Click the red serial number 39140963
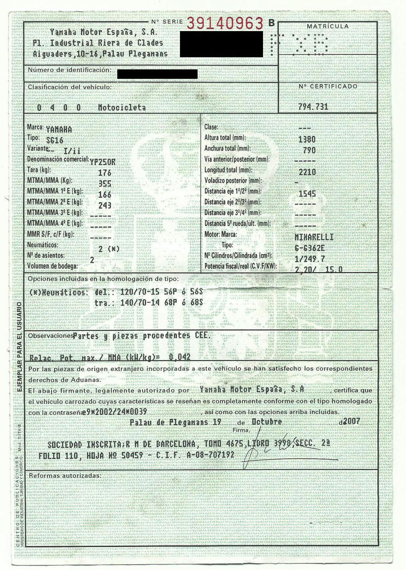tap(225, 23)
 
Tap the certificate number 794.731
tap(313, 107)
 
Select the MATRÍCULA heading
tap(328, 27)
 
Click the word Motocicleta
tap(122, 108)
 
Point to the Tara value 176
tap(104, 173)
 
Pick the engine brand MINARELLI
tap(314, 237)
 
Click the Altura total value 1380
tap(307, 139)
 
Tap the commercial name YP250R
tap(102, 160)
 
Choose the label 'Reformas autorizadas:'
tap(64, 475)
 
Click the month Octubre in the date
tap(267, 422)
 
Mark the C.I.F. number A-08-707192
tap(210, 455)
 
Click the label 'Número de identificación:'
tap(69, 70)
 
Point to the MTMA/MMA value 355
tap(104, 183)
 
